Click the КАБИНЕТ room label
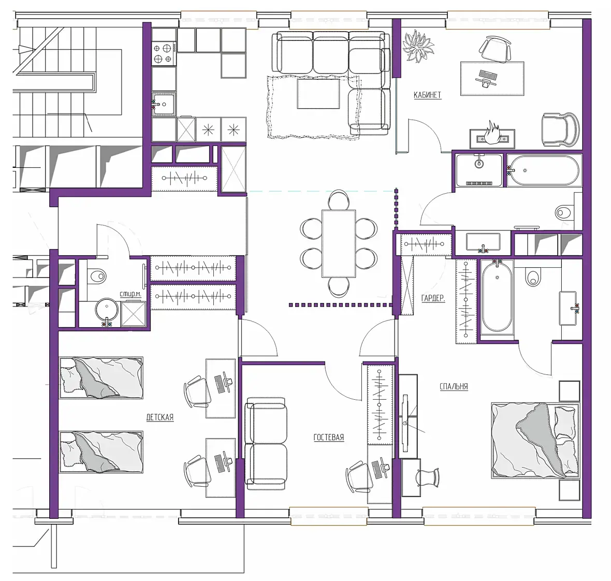[427, 95]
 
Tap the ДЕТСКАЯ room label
[160, 417]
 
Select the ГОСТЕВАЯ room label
[329, 437]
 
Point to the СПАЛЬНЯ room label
[454, 386]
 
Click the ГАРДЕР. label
[433, 298]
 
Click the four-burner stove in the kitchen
[163, 53]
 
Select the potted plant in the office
[418, 47]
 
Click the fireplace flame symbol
[491, 133]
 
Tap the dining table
[339, 243]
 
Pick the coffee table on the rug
[319, 94]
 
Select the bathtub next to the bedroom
[497, 296]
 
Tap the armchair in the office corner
[560, 130]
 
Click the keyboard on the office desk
[487, 75]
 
